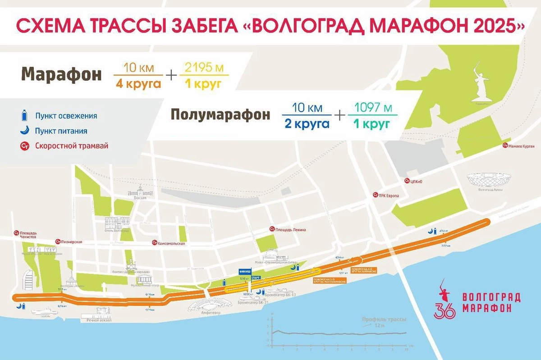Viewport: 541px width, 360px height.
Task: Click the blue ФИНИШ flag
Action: [x=245, y=272]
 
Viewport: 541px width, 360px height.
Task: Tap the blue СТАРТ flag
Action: [x=256, y=277]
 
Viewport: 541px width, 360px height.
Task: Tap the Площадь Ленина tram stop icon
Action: [x=271, y=229]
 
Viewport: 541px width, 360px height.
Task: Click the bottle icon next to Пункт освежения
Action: [x=25, y=116]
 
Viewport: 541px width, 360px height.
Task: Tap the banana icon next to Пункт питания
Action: [x=25, y=131]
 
